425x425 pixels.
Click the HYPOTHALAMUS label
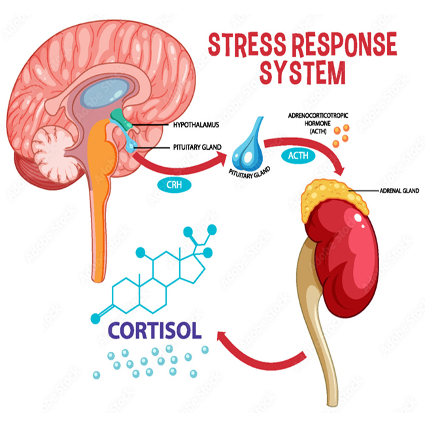click(195, 123)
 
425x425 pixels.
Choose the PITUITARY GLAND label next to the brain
click(196, 148)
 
